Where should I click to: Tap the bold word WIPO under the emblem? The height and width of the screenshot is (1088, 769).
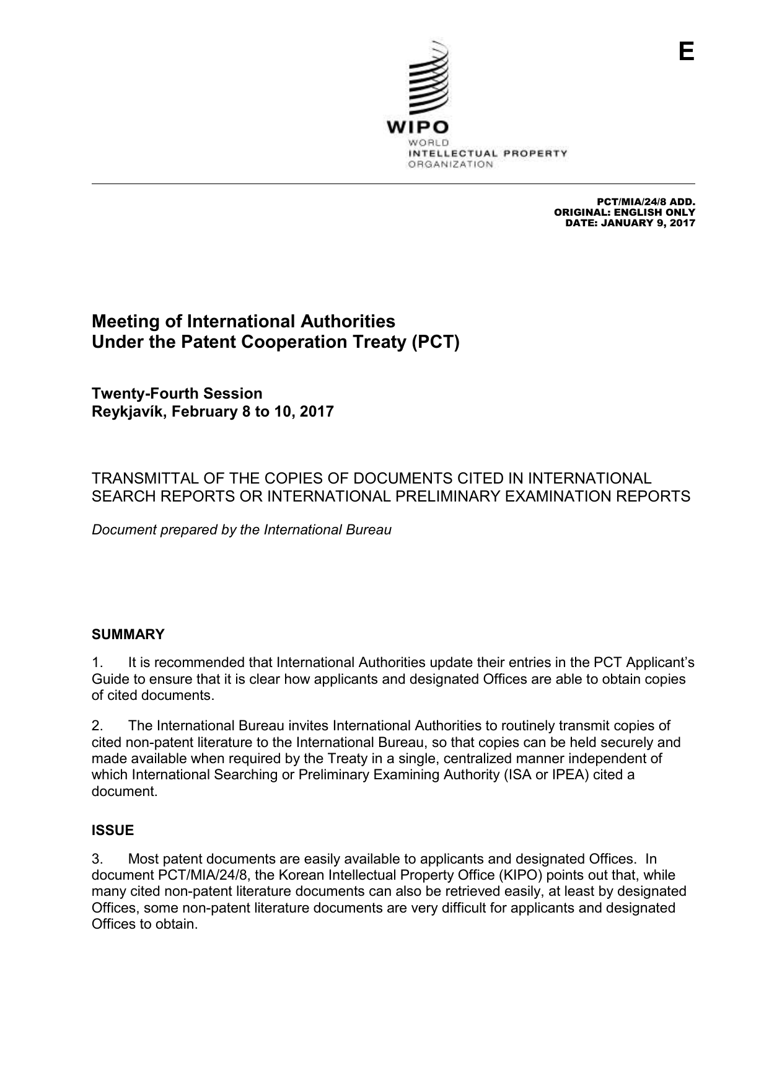pos(418,127)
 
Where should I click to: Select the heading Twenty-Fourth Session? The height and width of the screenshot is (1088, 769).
pos(177,394)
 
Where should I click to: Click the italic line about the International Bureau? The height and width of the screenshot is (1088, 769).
pos(242,530)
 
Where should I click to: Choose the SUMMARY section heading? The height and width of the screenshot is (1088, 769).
pos(128,634)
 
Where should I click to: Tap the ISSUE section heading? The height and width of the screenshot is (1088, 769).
pos(113,830)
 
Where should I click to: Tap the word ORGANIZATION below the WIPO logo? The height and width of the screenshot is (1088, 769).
pos(450,164)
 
